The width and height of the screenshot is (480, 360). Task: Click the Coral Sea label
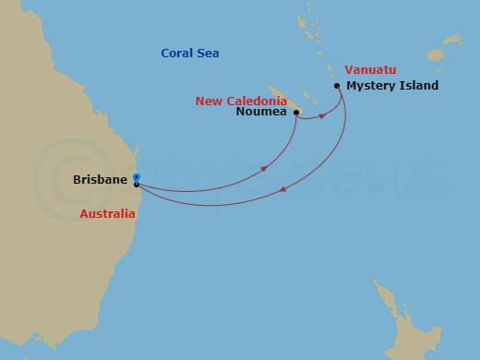[189, 54]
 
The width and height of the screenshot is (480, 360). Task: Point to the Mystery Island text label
[391, 86]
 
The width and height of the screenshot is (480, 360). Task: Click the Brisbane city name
[100, 179]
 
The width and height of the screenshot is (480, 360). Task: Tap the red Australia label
[107, 214]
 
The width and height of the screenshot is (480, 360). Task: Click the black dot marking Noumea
[296, 113]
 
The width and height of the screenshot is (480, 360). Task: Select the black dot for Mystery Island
[337, 87]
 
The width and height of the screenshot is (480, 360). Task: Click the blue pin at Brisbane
[136, 177]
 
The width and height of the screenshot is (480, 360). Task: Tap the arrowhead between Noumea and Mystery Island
[323, 116]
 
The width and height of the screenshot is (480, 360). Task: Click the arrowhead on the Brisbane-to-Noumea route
[264, 169]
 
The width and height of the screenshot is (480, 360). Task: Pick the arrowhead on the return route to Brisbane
[282, 190]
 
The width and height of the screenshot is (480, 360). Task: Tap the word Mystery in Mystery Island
[366, 86]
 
